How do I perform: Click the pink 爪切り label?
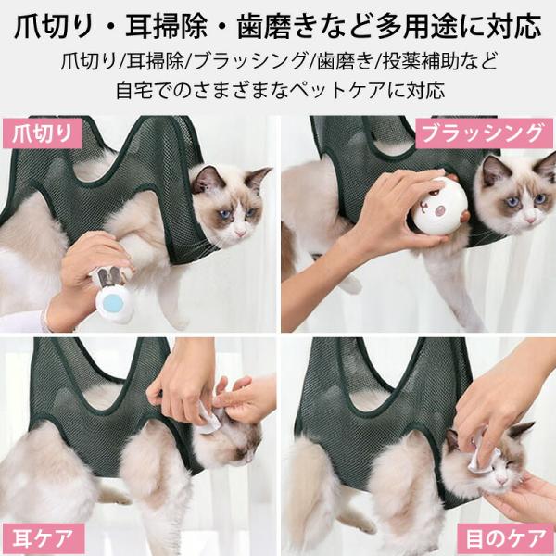(x=43, y=133)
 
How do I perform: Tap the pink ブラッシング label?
(x=484, y=133)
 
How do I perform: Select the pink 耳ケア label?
(x=44, y=538)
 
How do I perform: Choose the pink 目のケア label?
(x=505, y=538)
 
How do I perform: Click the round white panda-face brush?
(x=439, y=206)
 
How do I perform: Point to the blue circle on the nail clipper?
(x=113, y=303)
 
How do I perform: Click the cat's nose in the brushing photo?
(x=530, y=221)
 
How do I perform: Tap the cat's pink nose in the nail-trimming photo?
(x=240, y=233)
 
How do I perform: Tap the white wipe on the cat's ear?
(x=210, y=421)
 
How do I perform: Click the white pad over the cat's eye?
(x=482, y=453)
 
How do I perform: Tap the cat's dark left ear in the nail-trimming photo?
(x=208, y=178)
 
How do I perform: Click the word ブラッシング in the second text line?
(x=251, y=61)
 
